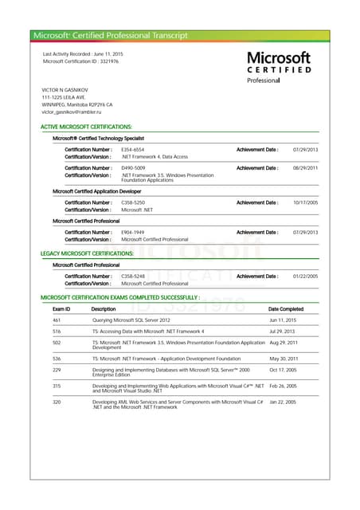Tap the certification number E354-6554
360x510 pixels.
click(x=132, y=150)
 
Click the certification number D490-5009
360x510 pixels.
click(x=133, y=168)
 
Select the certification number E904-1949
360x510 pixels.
click(x=132, y=232)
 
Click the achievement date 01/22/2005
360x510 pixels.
click(x=305, y=276)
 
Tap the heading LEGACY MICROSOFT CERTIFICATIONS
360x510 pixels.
click(x=87, y=253)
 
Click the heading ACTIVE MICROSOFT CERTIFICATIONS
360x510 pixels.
click(x=86, y=127)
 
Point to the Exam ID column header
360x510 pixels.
click(x=61, y=309)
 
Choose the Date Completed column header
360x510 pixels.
click(x=286, y=309)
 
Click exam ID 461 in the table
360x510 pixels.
click(x=57, y=320)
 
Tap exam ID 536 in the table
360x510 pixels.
click(x=57, y=359)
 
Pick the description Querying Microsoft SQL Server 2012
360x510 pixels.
click(x=131, y=320)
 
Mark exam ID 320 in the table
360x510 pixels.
click(x=57, y=402)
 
